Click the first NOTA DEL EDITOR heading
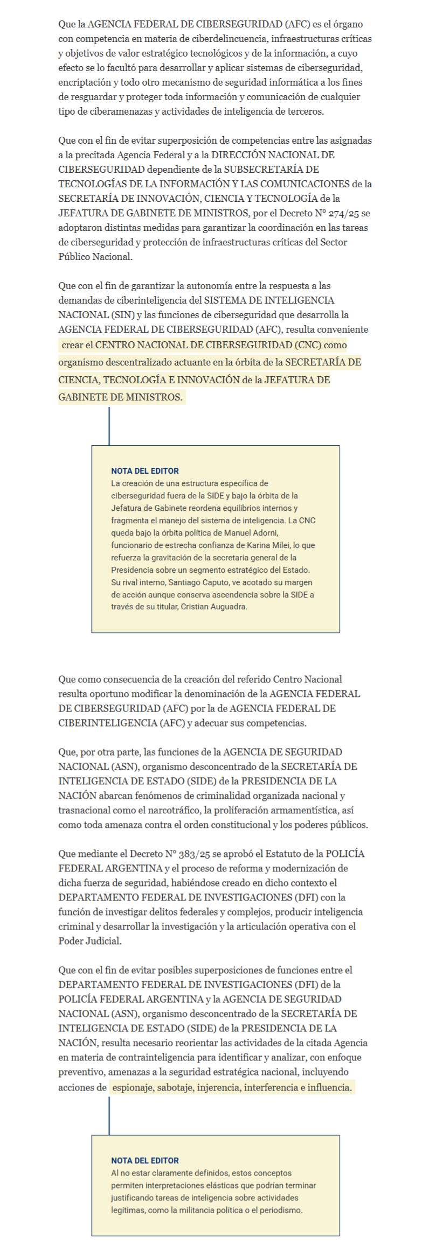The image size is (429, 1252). [145, 471]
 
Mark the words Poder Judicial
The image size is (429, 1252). [90, 941]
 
